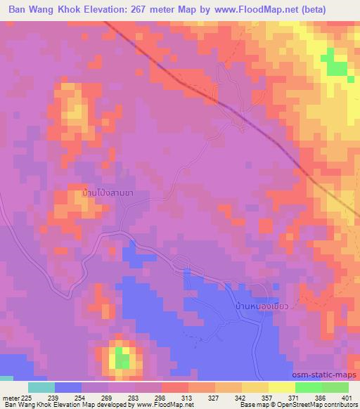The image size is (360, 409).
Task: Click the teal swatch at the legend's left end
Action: click(41, 387)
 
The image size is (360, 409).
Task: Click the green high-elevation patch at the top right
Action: click(336, 65)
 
